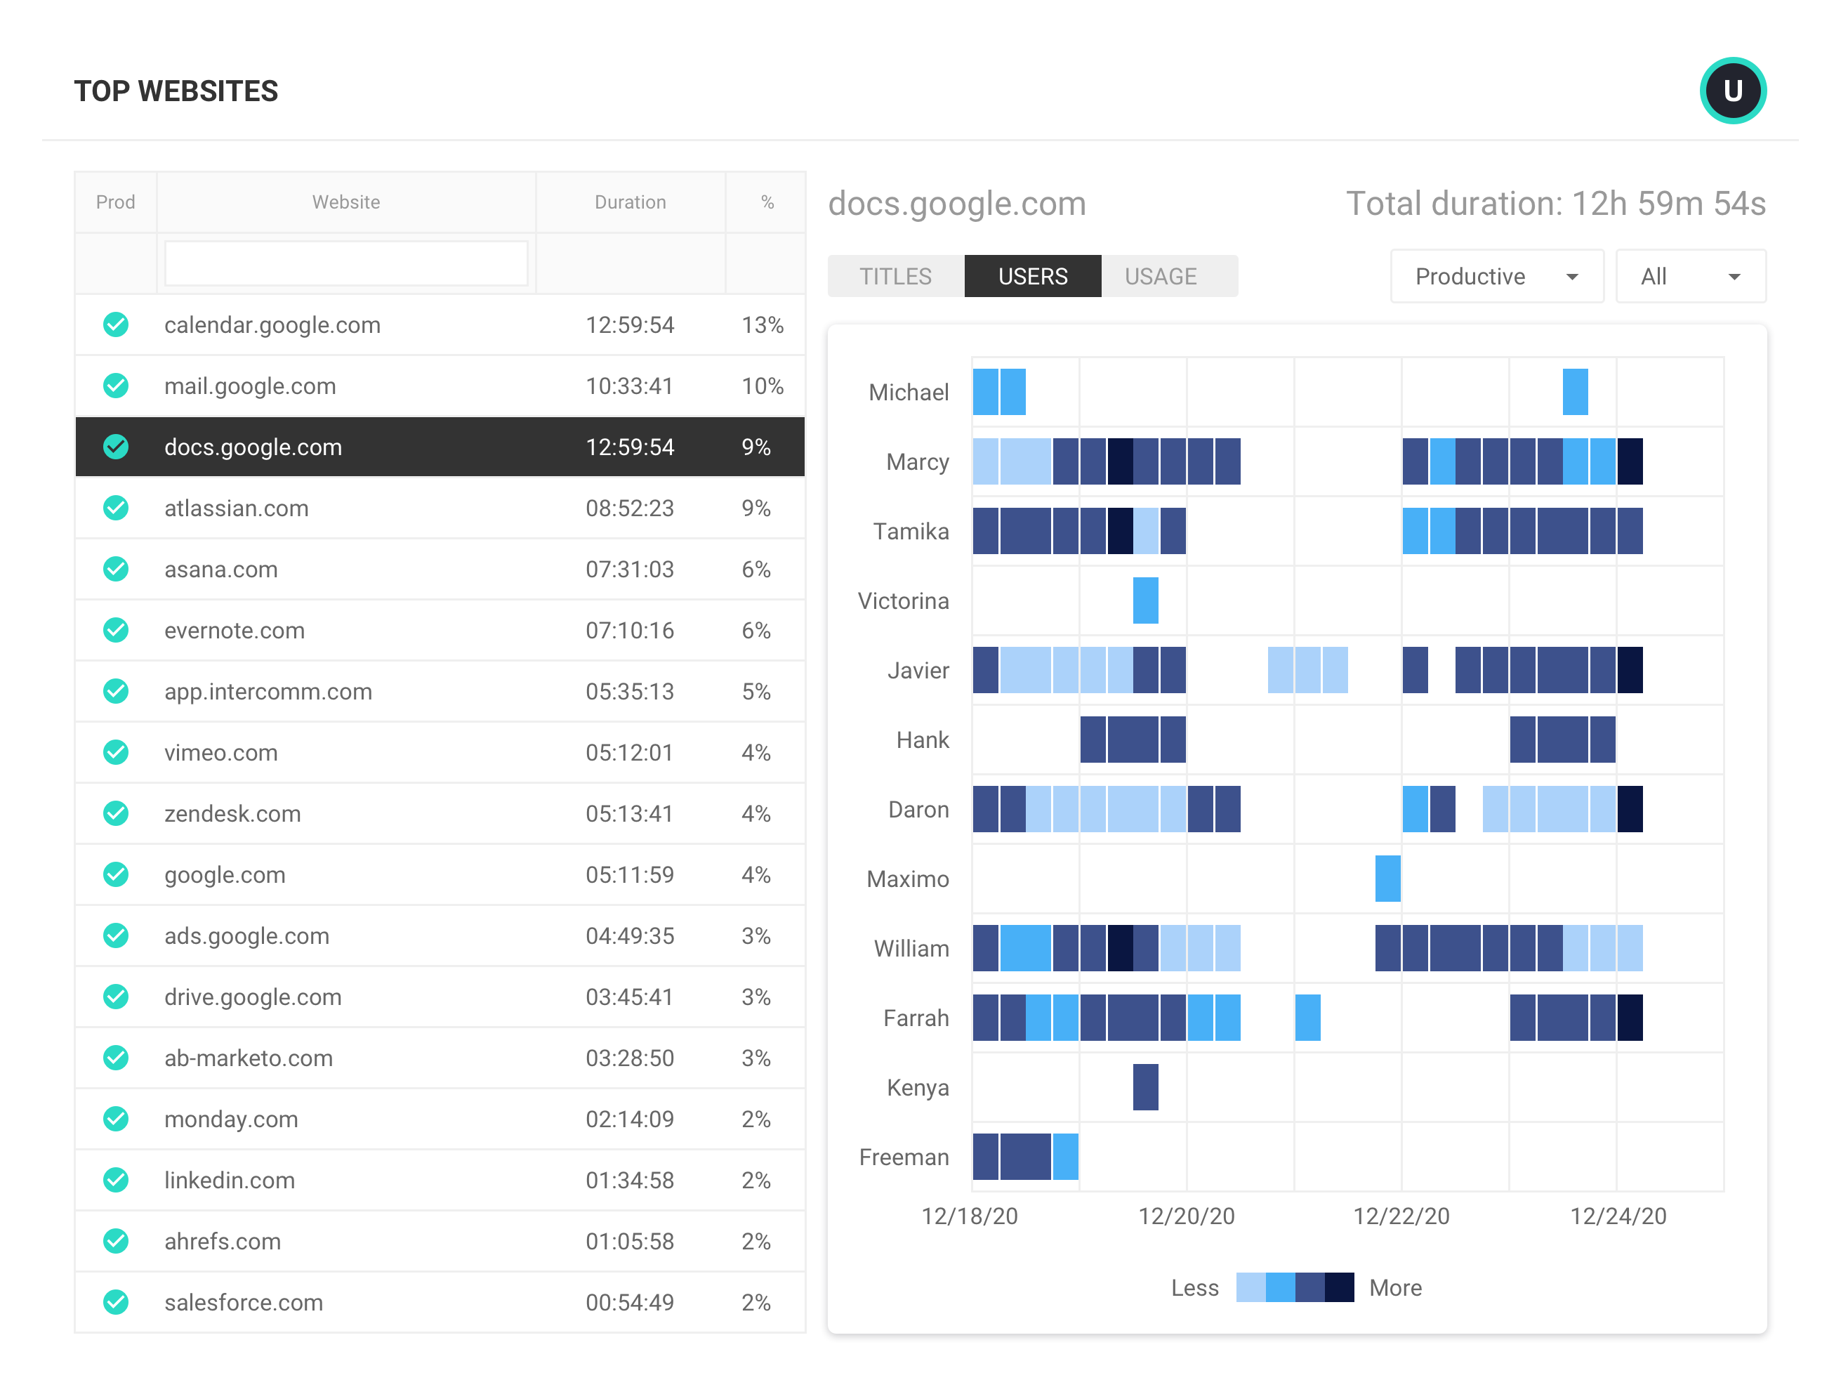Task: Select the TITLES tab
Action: [895, 277]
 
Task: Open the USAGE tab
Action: [1160, 277]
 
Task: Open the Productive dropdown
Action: [1496, 277]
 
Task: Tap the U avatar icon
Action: [1732, 90]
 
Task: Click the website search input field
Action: [345, 263]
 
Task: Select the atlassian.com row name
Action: [237, 508]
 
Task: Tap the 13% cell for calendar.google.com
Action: [762, 324]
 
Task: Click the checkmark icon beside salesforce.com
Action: [116, 1301]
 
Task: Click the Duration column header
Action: [630, 202]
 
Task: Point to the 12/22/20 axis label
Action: [1401, 1216]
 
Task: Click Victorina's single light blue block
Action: [1145, 600]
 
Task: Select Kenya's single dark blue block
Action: [1145, 1086]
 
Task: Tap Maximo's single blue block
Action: [1387, 879]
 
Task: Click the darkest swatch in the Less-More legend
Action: [1339, 1287]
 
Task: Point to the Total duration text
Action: [1555, 204]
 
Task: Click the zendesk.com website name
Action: [232, 813]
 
